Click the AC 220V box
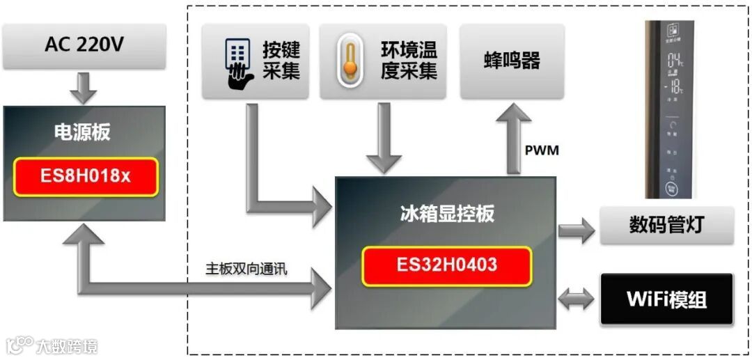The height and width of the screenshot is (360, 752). click(84, 45)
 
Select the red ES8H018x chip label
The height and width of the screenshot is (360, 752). click(85, 177)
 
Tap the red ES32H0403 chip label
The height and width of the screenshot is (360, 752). click(446, 265)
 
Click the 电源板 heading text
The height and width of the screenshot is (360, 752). click(82, 132)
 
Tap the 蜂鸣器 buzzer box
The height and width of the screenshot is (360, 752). click(512, 61)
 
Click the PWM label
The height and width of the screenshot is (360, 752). click(542, 150)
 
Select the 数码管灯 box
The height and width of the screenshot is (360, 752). click(666, 226)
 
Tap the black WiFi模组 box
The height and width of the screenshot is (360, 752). click(666, 299)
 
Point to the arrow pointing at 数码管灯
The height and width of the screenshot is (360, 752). click(576, 227)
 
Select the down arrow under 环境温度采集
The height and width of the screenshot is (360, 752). click(384, 139)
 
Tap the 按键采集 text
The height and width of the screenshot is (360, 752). click(281, 61)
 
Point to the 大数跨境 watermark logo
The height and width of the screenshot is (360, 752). click(52, 345)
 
